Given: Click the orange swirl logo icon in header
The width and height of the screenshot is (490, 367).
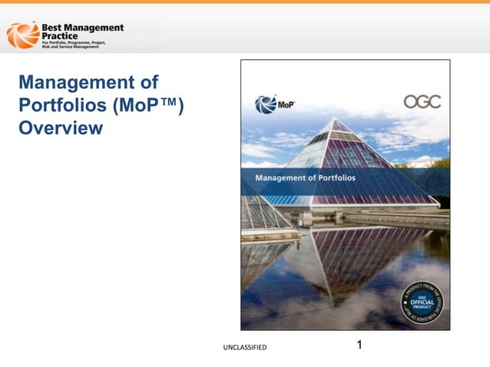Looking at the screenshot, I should (22, 35).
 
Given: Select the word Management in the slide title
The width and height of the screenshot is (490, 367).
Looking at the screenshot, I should (75, 82).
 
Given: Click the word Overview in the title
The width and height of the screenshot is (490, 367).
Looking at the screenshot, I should (61, 128).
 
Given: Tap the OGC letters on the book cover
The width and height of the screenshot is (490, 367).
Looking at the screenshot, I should (422, 102).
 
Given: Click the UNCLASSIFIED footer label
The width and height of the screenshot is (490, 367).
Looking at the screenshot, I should (245, 348).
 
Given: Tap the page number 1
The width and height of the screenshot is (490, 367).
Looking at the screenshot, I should (359, 345).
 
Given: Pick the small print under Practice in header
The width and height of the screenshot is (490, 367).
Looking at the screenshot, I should (83, 46).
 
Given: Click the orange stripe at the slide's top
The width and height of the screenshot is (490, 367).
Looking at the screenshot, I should (245, 2).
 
